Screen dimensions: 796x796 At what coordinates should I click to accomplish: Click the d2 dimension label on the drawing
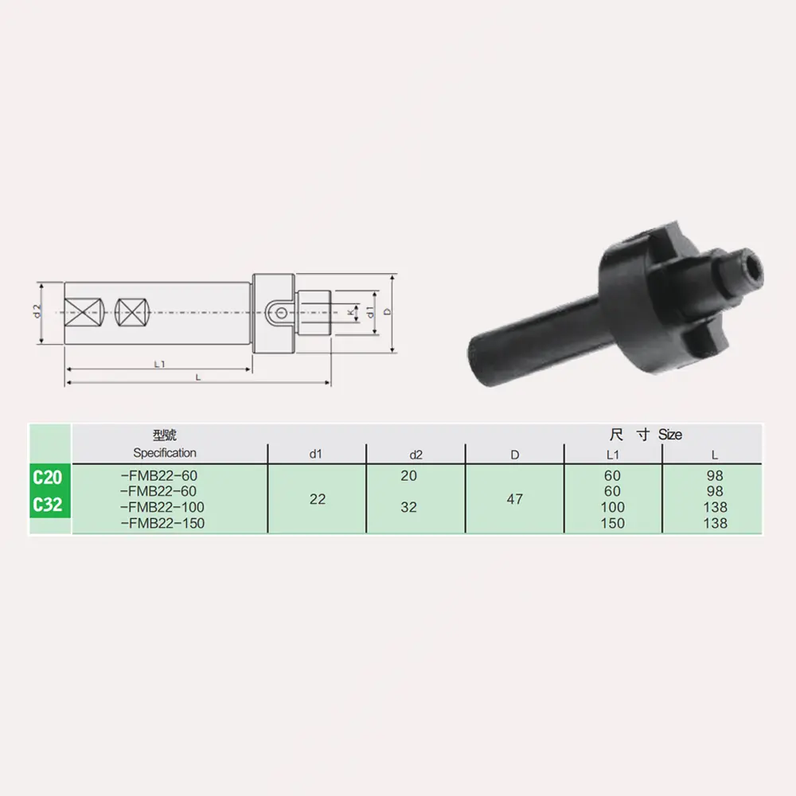click(x=37, y=312)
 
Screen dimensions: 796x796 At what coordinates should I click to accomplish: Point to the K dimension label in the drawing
click(x=350, y=312)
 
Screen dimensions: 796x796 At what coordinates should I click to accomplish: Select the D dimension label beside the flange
click(x=387, y=313)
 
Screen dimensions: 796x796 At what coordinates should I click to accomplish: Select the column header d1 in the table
click(x=316, y=455)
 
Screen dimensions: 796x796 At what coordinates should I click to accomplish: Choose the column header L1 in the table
click(x=612, y=455)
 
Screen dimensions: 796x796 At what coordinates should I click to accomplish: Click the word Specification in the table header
click(x=165, y=453)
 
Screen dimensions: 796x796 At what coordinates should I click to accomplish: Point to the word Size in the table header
click(x=669, y=435)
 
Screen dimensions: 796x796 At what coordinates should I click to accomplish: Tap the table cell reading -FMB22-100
click(x=162, y=507)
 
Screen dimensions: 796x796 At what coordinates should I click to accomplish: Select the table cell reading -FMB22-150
click(x=162, y=523)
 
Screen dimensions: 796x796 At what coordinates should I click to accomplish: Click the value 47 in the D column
click(x=514, y=499)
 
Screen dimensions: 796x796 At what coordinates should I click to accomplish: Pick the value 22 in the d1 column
click(x=317, y=499)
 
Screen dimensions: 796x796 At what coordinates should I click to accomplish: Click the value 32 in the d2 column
click(x=408, y=507)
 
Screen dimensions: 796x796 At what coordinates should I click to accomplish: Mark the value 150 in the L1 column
click(x=613, y=523)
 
